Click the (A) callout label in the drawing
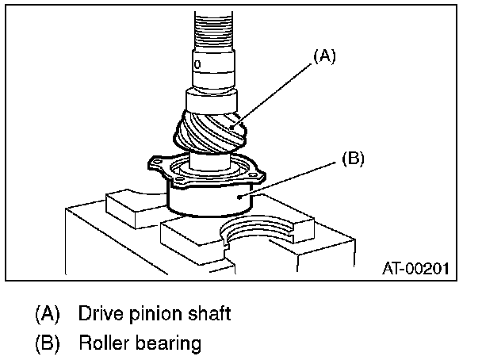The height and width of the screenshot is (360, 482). pyautogui.click(x=326, y=56)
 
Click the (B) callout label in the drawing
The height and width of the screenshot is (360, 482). pyautogui.click(x=352, y=159)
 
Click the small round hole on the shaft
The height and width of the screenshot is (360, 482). pyautogui.click(x=197, y=61)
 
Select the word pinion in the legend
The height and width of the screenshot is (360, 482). pyautogui.click(x=146, y=314)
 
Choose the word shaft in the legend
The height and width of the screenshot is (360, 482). pyautogui.click(x=200, y=313)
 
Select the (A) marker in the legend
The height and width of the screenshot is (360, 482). pyautogui.click(x=48, y=313)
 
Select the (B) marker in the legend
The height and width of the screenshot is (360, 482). pyautogui.click(x=48, y=343)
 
